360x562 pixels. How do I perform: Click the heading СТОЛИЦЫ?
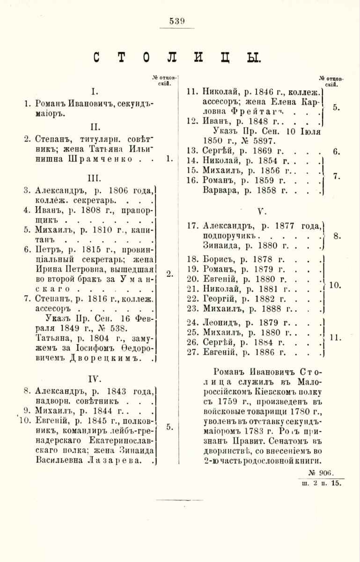176,59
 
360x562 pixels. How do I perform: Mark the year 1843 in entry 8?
120,391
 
